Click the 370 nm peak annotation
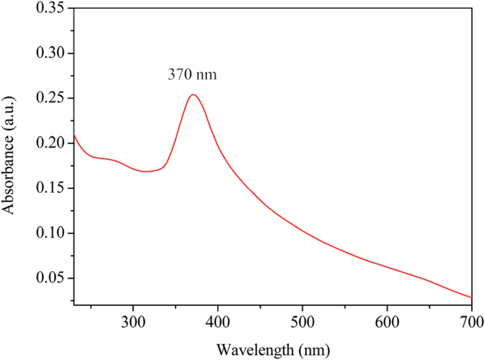tap(192, 75)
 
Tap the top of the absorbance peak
tap(193, 95)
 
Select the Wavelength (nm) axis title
tap(273, 349)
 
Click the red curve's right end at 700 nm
tap(471, 297)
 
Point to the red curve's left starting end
tap(75, 133)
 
